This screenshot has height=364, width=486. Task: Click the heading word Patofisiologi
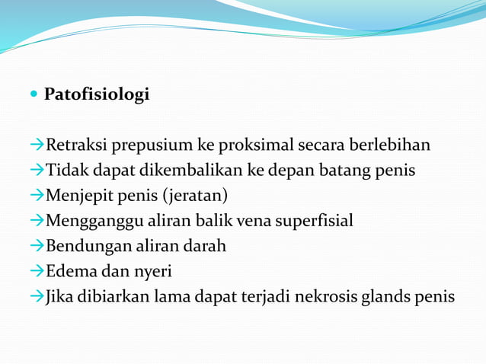[97, 95]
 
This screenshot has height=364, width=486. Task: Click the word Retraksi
[72, 145]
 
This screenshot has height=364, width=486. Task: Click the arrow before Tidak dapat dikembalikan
[37, 170]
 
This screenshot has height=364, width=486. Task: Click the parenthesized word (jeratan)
[194, 195]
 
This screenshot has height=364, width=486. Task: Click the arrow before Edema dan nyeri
[37, 271]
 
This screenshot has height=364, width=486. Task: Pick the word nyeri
[152, 272]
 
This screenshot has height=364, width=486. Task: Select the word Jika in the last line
[59, 296]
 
